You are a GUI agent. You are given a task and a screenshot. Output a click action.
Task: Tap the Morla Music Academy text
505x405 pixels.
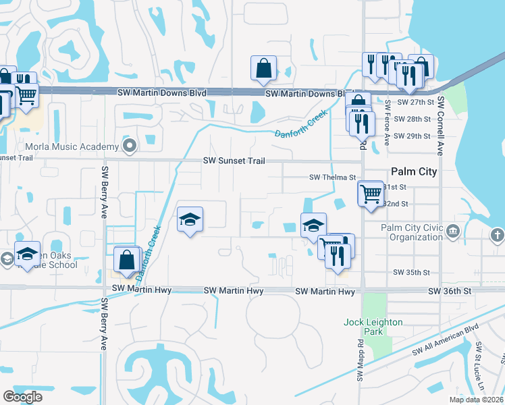pos(72,146)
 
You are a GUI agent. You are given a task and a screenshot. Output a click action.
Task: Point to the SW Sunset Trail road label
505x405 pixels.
pos(234,161)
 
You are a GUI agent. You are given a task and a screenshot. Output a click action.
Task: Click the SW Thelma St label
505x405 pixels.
pos(332,178)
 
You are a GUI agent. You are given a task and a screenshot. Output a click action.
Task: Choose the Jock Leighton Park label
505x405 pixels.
pos(373,327)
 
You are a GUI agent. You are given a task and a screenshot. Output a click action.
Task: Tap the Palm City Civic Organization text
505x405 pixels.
pos(411,233)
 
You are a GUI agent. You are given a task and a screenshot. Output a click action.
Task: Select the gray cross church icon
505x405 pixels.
pos(497,235)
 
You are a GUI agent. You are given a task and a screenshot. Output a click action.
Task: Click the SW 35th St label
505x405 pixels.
pos(412,272)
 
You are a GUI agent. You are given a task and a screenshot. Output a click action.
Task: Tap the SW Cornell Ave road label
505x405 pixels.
pos(440,126)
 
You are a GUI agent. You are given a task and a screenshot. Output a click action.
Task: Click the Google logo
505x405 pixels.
pos(22,397)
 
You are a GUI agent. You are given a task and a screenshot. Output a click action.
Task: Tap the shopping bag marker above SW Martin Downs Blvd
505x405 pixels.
pos(263,67)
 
